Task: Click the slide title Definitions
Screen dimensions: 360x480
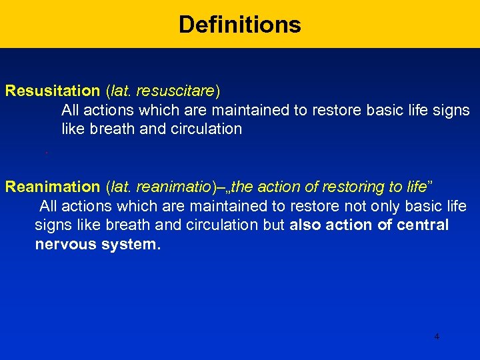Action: pos(239,25)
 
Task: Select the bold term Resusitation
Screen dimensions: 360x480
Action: pos(52,91)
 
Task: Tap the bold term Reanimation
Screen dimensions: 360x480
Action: pos(52,187)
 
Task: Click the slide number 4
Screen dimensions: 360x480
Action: pos(437,337)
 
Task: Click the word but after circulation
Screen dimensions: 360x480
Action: pos(274,225)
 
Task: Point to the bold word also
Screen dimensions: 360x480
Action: pos(307,225)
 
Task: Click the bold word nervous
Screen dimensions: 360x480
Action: pos(65,245)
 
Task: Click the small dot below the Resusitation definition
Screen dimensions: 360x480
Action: pos(46,153)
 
